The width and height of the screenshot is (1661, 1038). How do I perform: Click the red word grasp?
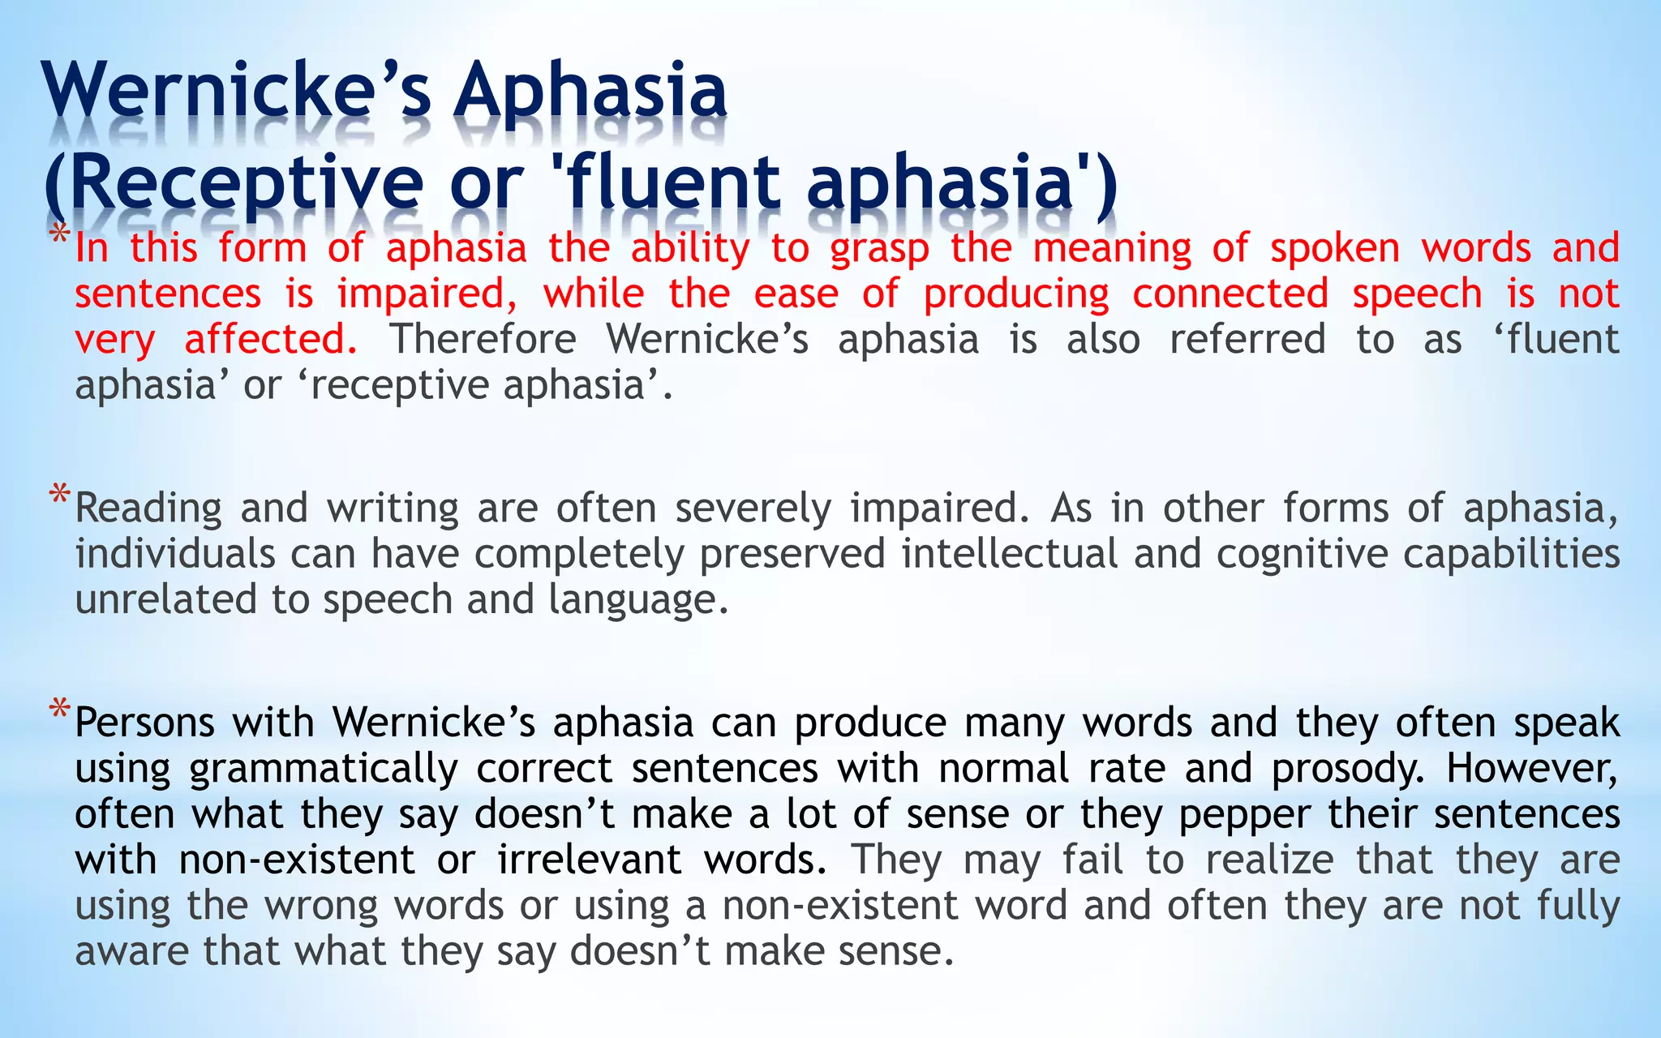(879, 249)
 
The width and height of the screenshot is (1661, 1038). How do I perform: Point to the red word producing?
(1016, 294)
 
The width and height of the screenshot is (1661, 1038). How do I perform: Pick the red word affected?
(271, 339)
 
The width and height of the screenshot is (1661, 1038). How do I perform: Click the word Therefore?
(483, 339)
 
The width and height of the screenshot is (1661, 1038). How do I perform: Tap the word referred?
(1247, 339)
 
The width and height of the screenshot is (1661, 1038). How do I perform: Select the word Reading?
(148, 509)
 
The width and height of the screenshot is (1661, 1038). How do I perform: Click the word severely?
(753, 509)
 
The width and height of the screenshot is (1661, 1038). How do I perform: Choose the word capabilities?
(1512, 555)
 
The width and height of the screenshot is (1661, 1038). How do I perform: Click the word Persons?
(144, 723)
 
